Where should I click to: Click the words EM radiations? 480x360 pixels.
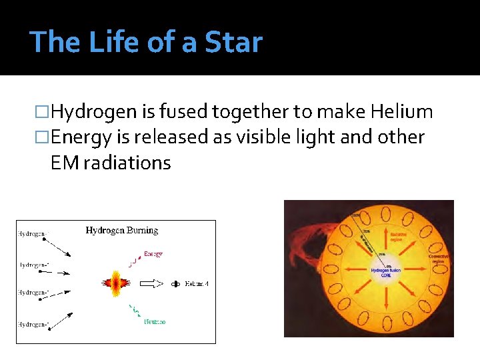click(111, 162)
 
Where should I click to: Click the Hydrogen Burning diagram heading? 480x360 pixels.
click(121, 231)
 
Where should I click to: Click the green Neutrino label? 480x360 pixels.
click(155, 321)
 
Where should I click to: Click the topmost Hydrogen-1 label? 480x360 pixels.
click(32, 234)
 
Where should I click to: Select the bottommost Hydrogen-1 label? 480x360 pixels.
click(32, 325)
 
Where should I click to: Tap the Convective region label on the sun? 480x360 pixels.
click(438, 259)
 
